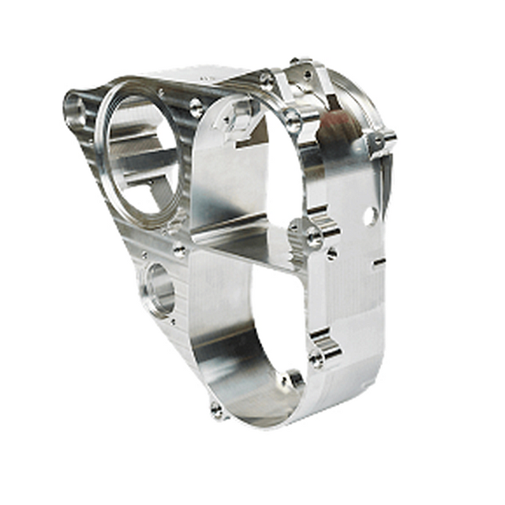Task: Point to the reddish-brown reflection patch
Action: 338,127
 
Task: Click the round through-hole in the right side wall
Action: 368,215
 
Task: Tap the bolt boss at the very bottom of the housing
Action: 217,410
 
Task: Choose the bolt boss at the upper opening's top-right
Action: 294,121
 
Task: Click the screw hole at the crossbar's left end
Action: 180,251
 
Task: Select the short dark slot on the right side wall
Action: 379,261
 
